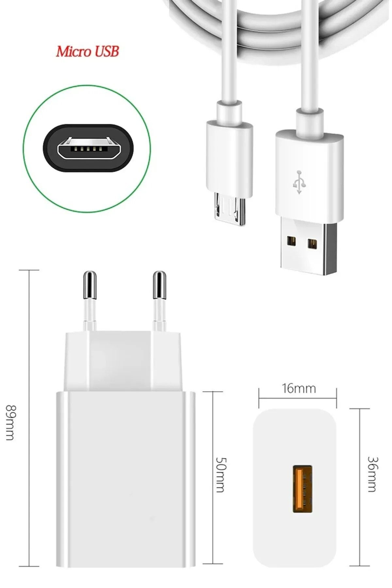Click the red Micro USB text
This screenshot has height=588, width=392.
[x=87, y=52]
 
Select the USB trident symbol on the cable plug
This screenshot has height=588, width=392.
[x=299, y=182]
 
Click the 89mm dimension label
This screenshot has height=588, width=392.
[x=11, y=422]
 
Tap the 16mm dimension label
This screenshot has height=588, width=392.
[x=299, y=388]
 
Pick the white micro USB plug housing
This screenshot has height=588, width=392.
[x=229, y=158]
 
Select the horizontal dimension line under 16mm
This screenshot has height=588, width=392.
[x=298, y=398]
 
